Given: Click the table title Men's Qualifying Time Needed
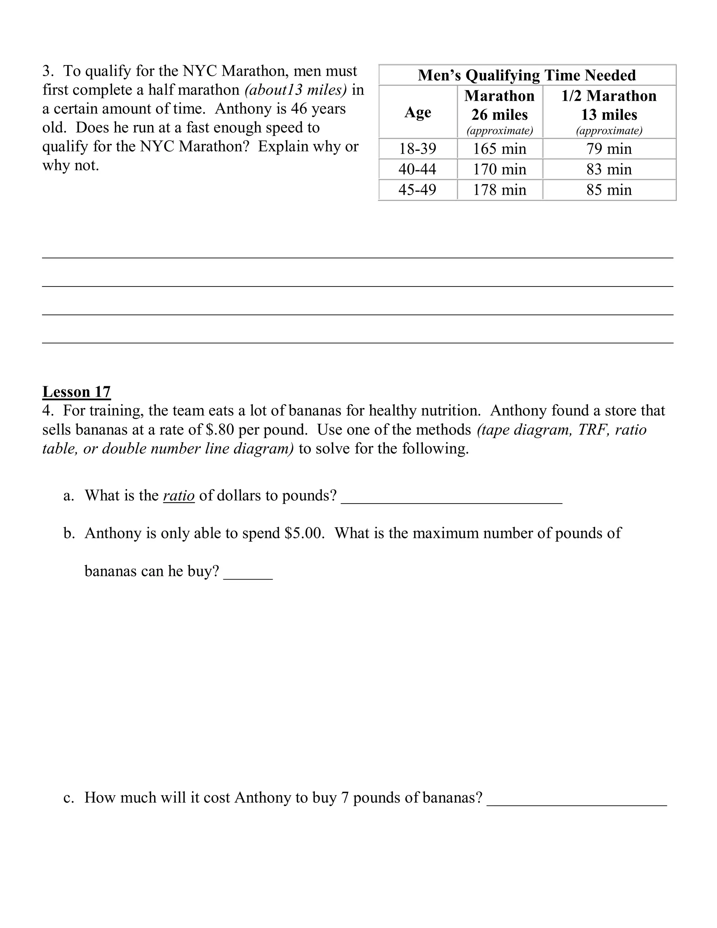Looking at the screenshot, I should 527,75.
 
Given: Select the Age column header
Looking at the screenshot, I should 418,112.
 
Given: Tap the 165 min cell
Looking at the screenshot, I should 500,149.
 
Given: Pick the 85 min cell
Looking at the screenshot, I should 609,189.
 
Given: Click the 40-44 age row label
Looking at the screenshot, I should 417,169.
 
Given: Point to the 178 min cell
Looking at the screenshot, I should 500,189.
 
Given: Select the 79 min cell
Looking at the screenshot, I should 609,149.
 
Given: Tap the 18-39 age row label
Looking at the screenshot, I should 417,149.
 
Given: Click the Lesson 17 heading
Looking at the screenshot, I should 76,392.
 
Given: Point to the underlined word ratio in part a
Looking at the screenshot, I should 179,496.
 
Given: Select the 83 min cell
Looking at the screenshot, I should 609,169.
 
